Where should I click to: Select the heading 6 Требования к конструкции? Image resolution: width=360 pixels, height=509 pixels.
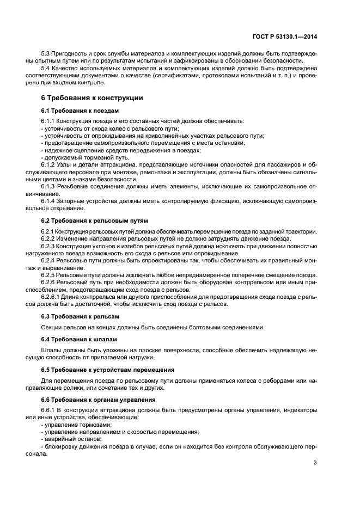click(92, 98)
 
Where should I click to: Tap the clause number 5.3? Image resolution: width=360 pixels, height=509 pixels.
click(46, 54)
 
